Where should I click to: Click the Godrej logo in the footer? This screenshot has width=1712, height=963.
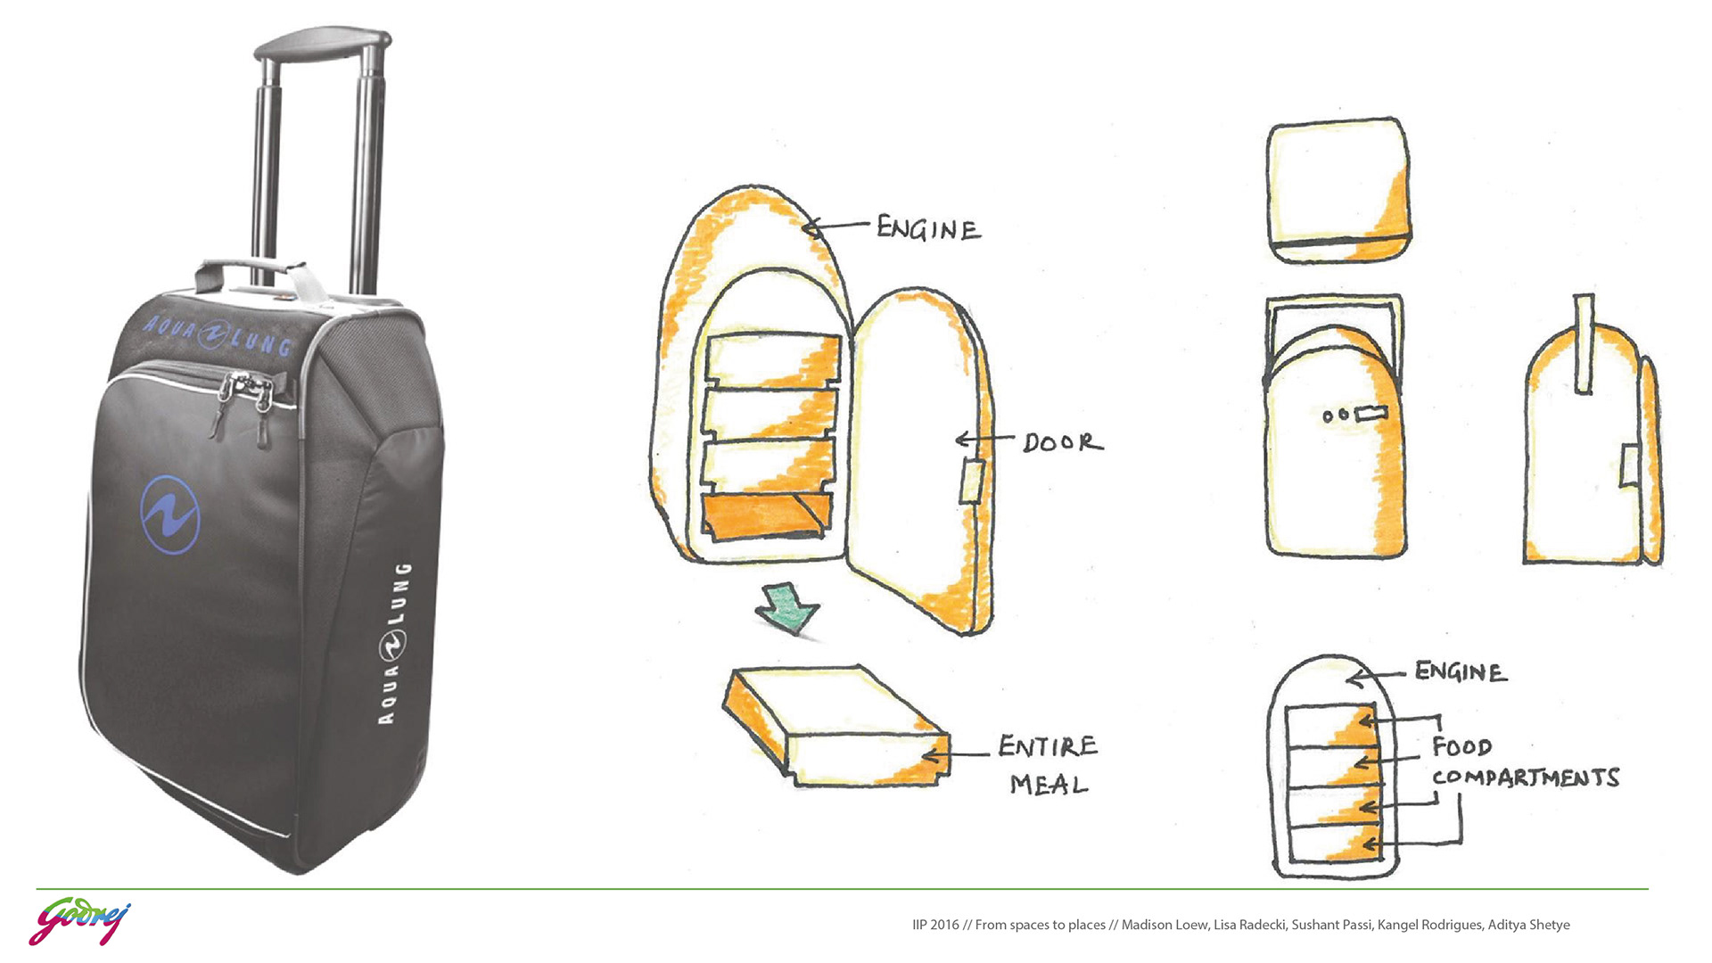click(79, 923)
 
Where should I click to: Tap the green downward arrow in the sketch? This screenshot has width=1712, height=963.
click(786, 609)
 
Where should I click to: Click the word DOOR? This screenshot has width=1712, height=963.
click(1062, 442)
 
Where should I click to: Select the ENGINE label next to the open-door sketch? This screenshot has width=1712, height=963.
click(928, 229)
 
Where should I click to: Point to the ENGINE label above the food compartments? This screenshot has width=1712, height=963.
click(1461, 671)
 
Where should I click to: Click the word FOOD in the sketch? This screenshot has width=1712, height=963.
click(1461, 746)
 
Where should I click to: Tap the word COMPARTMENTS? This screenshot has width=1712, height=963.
click(1525, 778)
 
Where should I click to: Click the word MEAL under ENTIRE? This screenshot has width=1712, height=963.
click(1049, 786)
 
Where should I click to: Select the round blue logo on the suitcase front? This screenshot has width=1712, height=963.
click(169, 514)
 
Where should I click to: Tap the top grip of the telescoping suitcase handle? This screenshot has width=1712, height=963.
click(323, 42)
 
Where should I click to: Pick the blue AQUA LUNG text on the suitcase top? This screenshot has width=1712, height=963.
click(218, 335)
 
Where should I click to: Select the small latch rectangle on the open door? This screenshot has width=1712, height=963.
click(971, 481)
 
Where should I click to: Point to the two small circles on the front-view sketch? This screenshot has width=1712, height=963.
click(1335, 416)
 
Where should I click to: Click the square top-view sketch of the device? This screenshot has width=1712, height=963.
click(1338, 190)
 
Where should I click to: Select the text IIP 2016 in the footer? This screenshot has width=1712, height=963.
click(935, 925)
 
